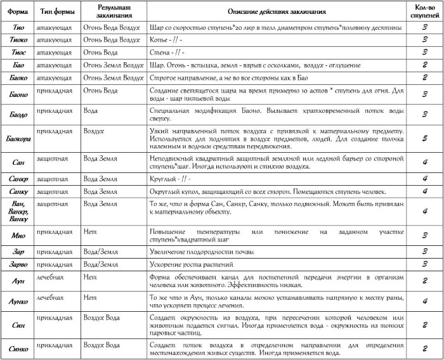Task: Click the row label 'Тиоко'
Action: (18, 40)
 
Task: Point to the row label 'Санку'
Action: (18, 191)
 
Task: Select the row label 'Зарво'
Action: (18, 263)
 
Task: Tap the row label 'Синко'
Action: (18, 349)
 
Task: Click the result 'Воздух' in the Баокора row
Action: (94, 129)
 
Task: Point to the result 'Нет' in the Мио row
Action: (89, 233)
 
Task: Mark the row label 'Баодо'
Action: (18, 115)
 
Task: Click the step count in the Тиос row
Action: (424, 52)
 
